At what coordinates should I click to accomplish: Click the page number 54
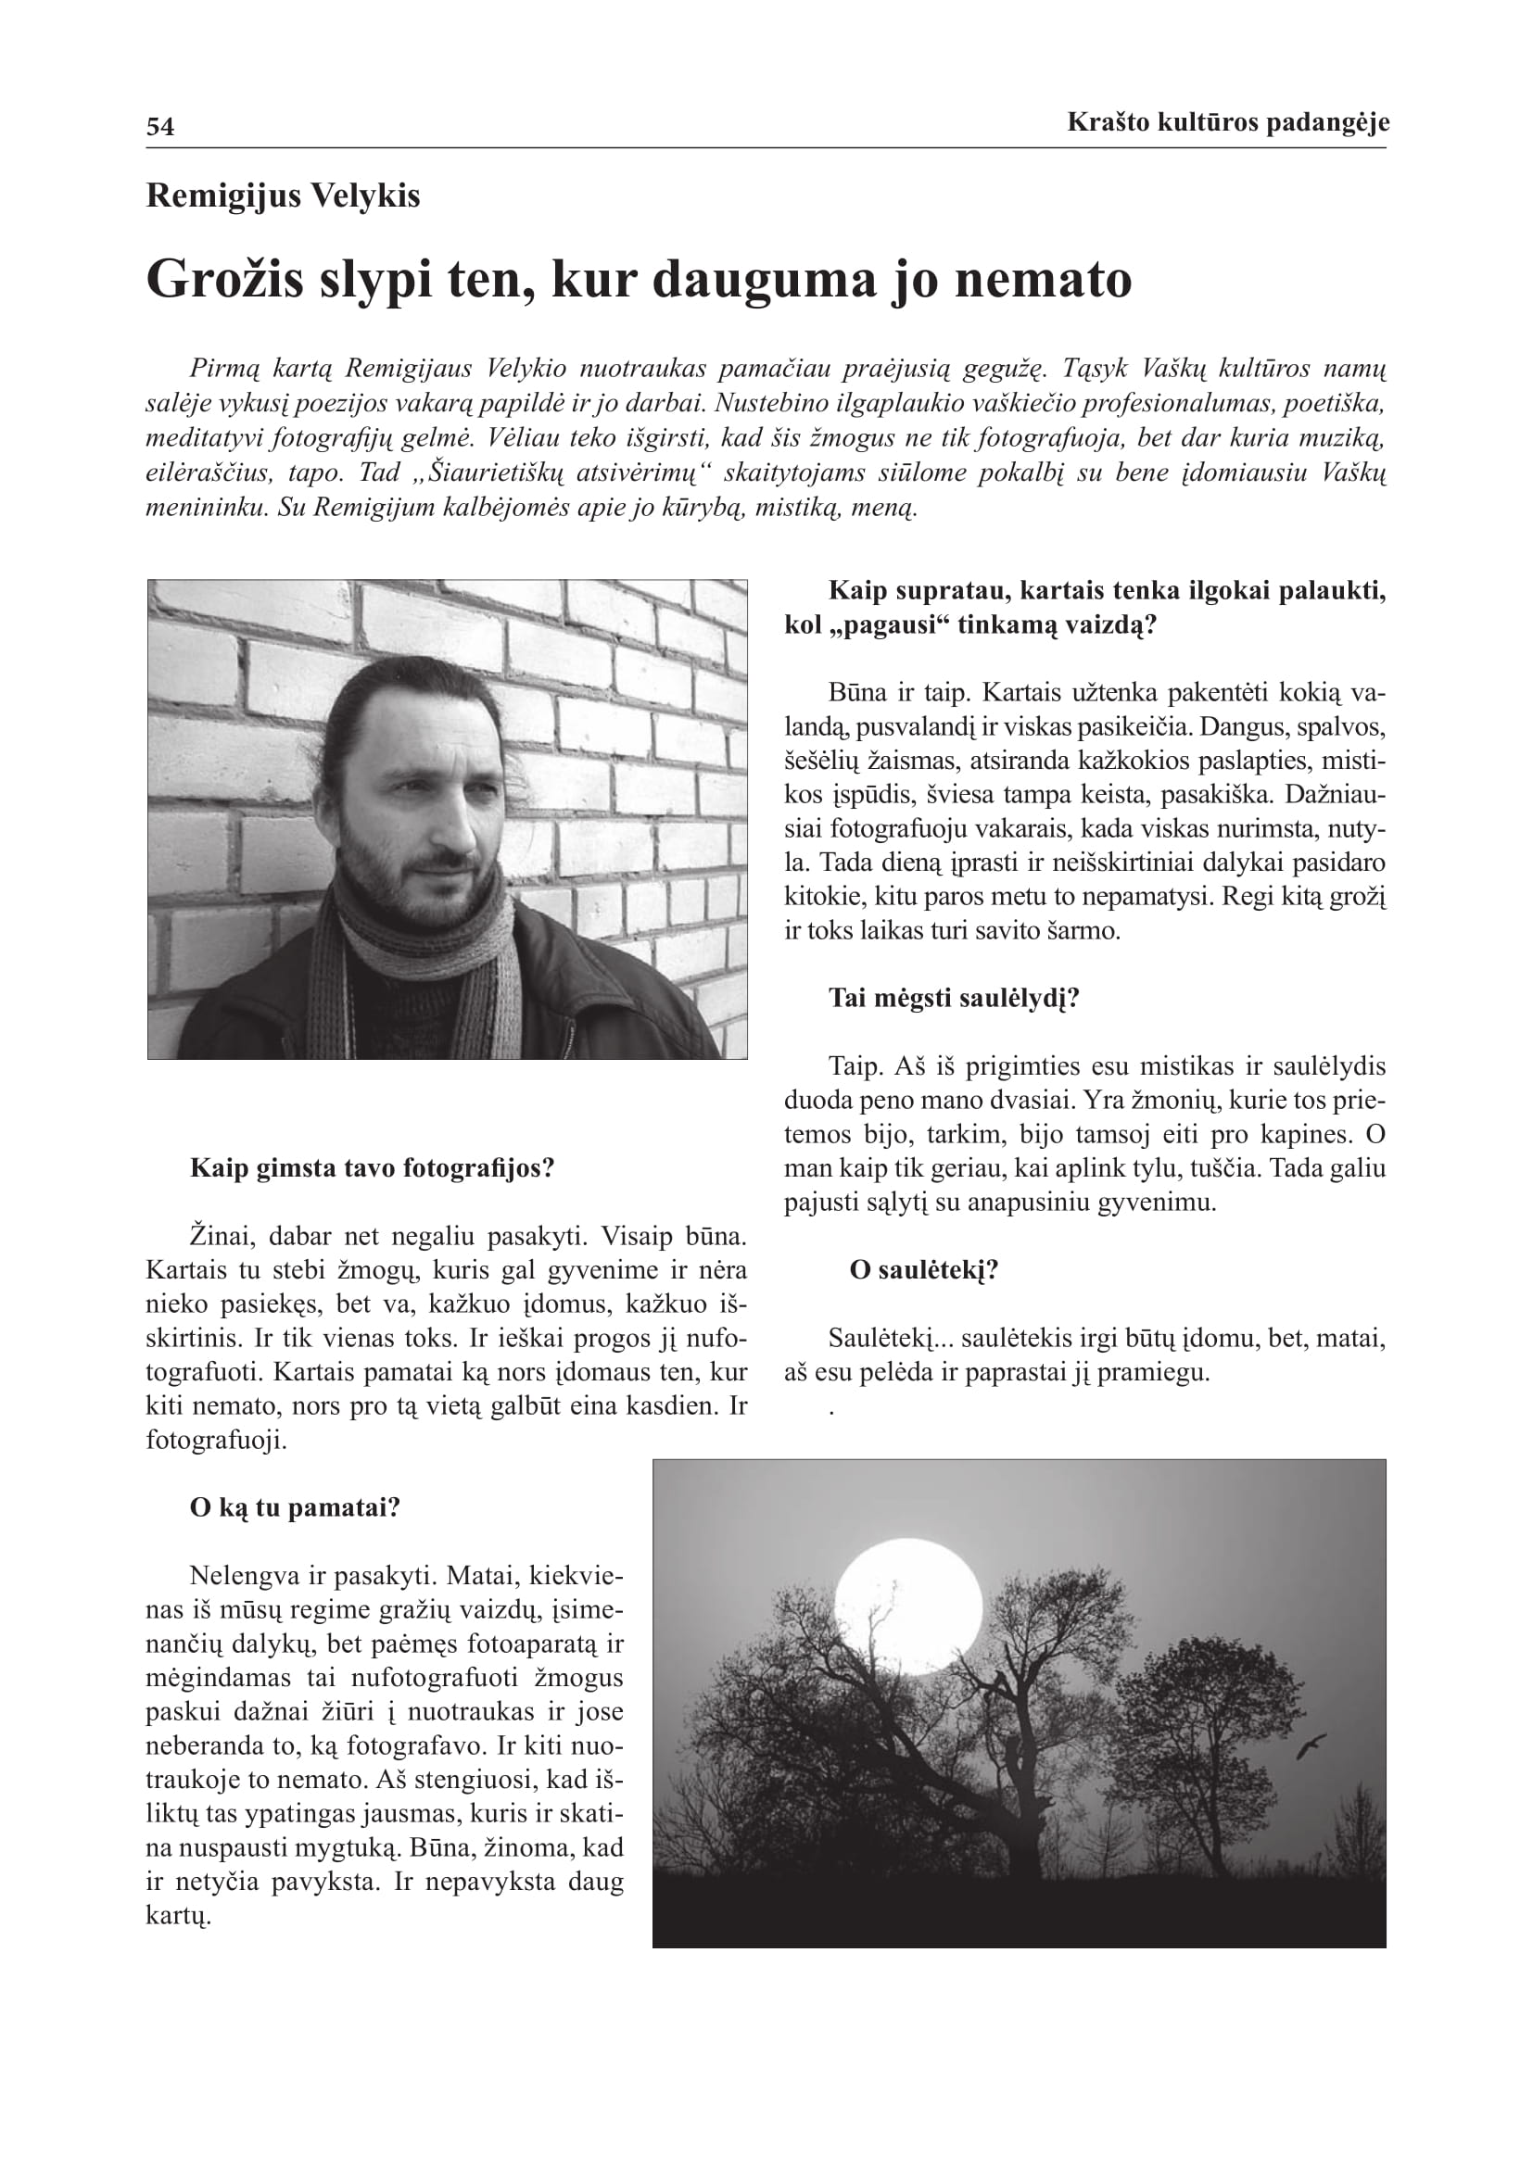click(160, 127)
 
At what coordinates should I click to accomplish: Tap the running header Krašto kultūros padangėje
click(1227, 121)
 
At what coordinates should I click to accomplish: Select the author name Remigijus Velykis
click(284, 195)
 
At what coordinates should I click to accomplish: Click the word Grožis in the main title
click(225, 281)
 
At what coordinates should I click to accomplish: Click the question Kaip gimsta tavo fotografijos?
click(372, 1168)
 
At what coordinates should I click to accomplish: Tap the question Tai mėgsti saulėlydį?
click(954, 999)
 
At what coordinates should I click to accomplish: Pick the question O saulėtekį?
click(923, 1270)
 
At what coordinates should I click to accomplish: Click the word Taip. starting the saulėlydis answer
click(855, 1066)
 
